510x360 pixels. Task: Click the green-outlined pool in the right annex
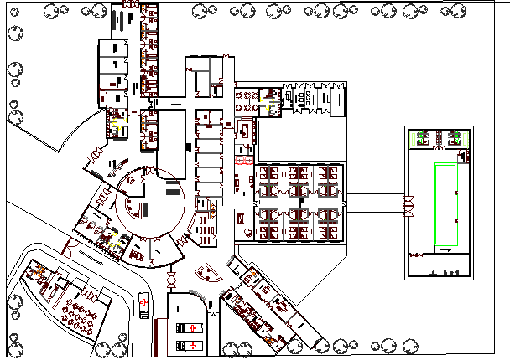pos(445,204)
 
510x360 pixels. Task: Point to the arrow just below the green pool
pos(444,250)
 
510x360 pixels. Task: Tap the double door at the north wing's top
pos(128,5)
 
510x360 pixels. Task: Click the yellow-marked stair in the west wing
pos(116,122)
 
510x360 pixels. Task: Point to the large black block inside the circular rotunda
pos(144,208)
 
